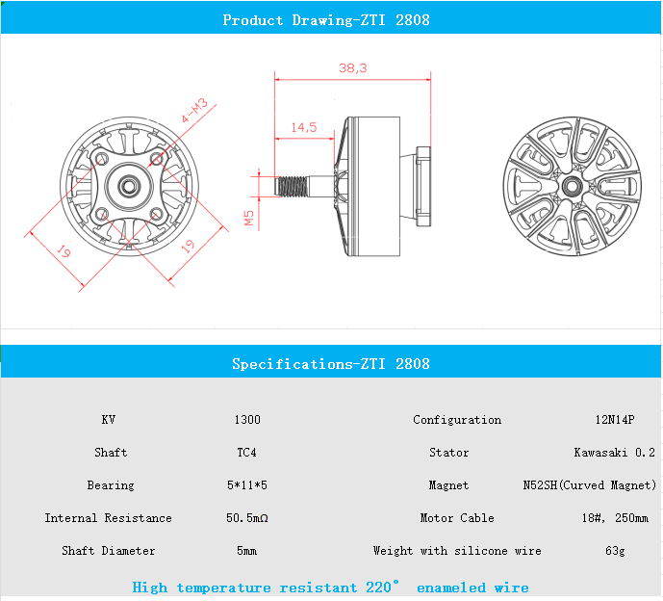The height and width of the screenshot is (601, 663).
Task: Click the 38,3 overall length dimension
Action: click(353, 68)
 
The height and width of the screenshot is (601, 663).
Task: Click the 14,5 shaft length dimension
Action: click(303, 127)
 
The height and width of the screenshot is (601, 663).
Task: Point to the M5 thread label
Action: click(249, 220)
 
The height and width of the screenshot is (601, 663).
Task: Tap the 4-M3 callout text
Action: click(195, 113)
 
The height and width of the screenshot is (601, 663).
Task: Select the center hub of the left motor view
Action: click(128, 183)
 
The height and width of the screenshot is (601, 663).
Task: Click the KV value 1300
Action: click(247, 420)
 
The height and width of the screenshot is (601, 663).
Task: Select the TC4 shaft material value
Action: click(247, 453)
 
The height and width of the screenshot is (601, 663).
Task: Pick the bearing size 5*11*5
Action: click(247, 485)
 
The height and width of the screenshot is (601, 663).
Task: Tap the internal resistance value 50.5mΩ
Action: click(247, 518)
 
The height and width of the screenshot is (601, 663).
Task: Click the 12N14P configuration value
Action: click(615, 420)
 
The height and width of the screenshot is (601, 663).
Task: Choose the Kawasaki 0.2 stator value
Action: click(615, 453)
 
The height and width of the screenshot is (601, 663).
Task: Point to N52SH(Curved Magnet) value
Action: click(590, 485)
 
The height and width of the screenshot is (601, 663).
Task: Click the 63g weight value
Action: click(615, 551)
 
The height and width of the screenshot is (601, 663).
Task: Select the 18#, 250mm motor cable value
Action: click(615, 518)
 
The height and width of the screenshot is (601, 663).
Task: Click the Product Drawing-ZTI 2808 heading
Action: click(326, 20)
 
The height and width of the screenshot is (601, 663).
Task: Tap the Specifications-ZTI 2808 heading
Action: click(331, 364)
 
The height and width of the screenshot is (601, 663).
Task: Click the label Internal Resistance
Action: click(108, 518)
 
